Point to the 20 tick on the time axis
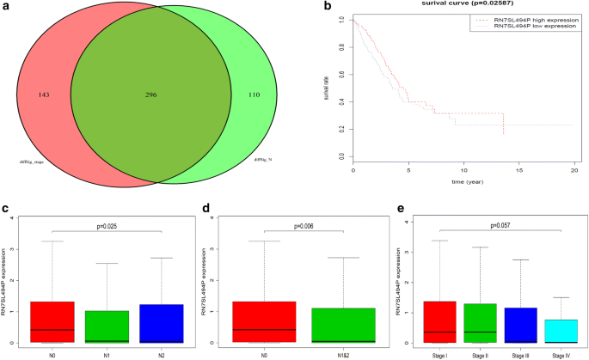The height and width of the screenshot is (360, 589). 574,170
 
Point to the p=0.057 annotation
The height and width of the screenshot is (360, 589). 501,225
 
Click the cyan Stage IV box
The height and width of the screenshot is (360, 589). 560,331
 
